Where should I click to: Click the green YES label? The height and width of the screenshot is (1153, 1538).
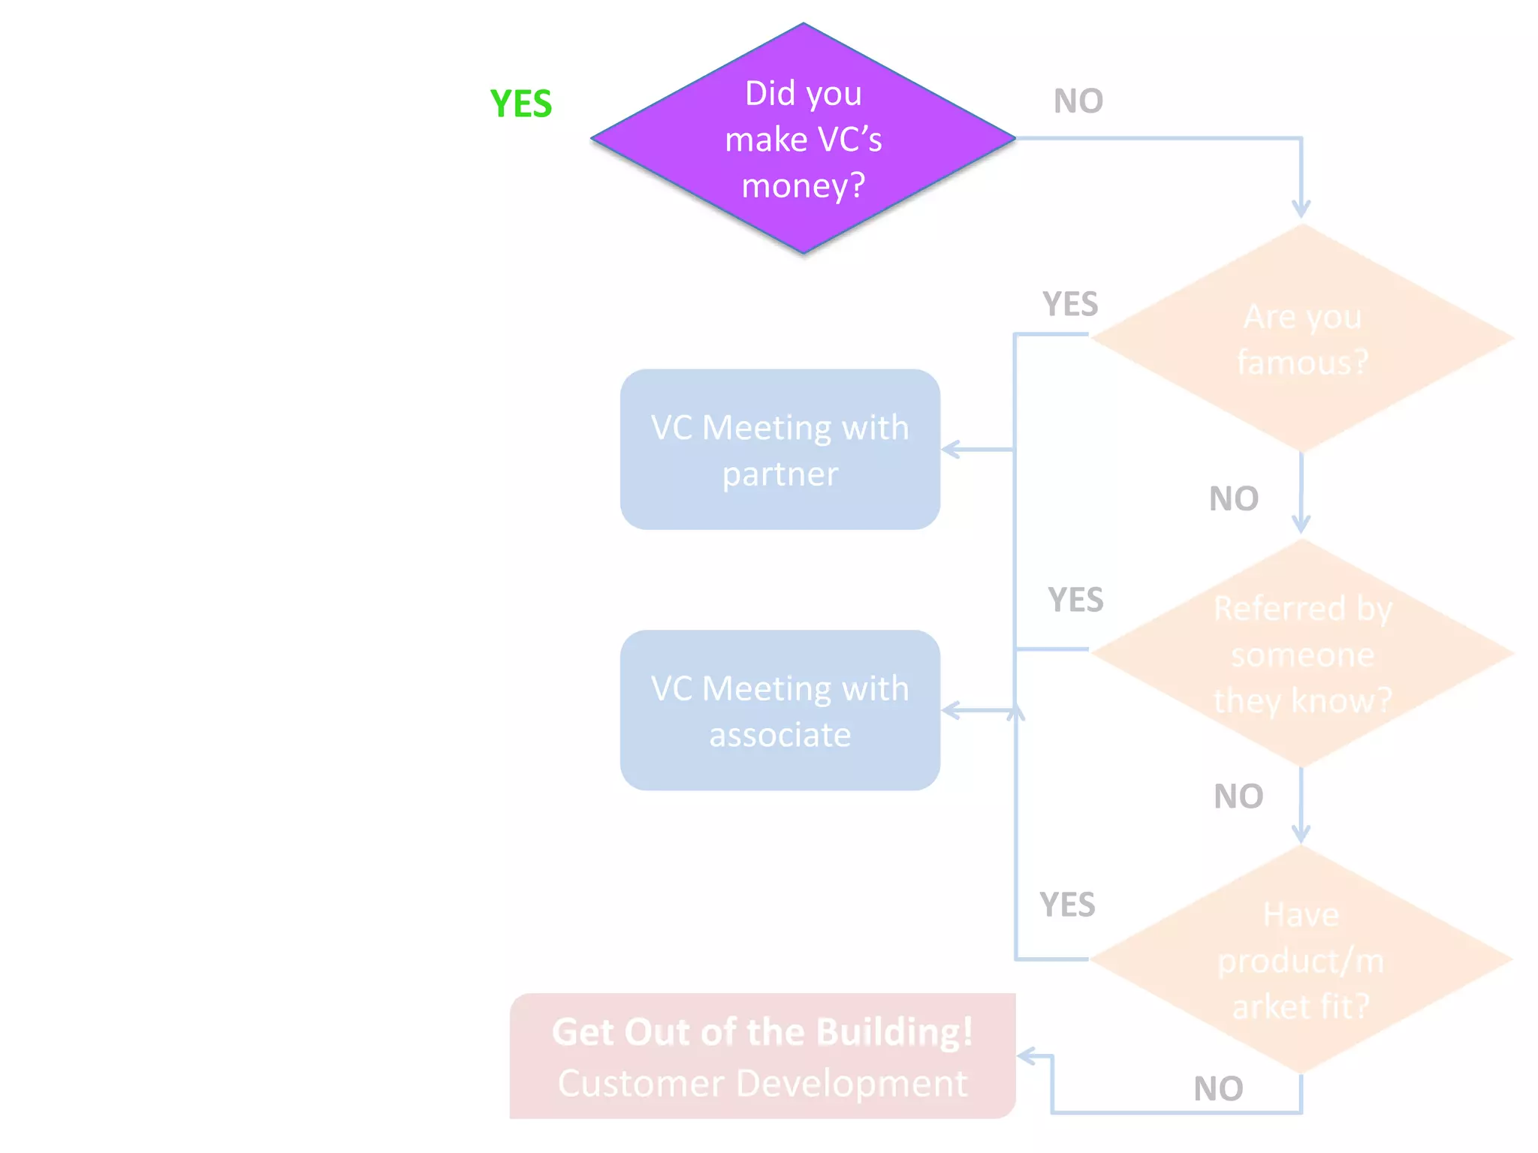click(x=520, y=104)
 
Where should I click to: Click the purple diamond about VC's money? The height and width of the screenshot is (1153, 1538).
click(x=803, y=139)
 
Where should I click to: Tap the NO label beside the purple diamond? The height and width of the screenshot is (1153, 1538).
click(x=1078, y=101)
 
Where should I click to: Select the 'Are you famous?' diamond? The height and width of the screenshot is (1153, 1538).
click(x=1301, y=339)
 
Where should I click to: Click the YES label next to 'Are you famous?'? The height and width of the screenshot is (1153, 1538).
click(x=1070, y=304)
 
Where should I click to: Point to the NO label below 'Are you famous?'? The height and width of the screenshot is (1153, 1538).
click(x=1233, y=498)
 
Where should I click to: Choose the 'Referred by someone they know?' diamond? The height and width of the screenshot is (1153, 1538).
click(x=1301, y=654)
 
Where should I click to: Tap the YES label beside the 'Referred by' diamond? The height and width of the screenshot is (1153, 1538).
click(x=1075, y=600)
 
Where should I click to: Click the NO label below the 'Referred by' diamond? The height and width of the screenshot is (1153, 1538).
click(x=1238, y=796)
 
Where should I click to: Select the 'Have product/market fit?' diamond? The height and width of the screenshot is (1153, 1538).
click(x=1301, y=960)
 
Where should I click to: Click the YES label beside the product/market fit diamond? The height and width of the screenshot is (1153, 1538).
click(x=1067, y=905)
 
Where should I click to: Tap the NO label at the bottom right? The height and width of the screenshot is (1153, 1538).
click(x=1218, y=1088)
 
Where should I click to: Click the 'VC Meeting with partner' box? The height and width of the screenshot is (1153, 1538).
click(x=780, y=450)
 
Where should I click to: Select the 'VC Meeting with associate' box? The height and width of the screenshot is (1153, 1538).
click(x=780, y=710)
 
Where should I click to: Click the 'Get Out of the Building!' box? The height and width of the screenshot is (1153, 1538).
click(x=762, y=1055)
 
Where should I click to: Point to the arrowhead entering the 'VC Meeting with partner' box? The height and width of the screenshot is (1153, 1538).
click(x=949, y=450)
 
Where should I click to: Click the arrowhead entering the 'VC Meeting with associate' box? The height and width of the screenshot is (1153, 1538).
click(x=949, y=710)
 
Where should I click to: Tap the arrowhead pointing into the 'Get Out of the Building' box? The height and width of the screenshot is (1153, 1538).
click(x=1026, y=1057)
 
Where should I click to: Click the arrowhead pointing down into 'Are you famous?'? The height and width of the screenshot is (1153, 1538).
click(x=1301, y=209)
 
